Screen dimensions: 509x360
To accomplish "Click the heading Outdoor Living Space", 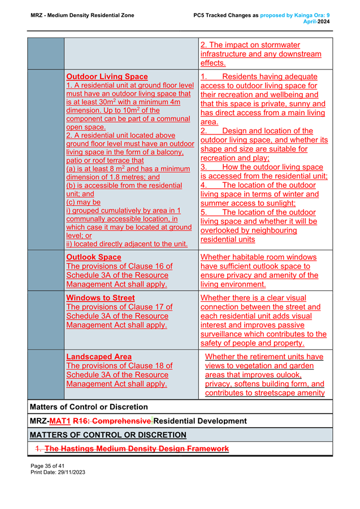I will tap(107, 76).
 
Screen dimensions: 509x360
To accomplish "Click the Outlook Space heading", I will tap(94, 257).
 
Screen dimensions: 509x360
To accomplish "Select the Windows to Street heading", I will tap(101, 298).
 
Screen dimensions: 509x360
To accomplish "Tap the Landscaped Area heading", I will tap(99, 356).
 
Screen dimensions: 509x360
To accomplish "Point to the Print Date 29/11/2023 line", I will tap(58, 471).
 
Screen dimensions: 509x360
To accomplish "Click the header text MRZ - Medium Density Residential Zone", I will tap(82, 15).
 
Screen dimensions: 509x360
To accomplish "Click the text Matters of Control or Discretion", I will tap(89, 407).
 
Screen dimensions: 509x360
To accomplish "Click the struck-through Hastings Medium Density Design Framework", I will tap(136, 449).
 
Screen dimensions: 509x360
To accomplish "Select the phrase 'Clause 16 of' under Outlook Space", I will tap(145, 266).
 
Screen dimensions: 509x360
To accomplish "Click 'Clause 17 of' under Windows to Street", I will tap(145, 307).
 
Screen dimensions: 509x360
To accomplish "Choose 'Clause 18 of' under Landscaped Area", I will tap(145, 366).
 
